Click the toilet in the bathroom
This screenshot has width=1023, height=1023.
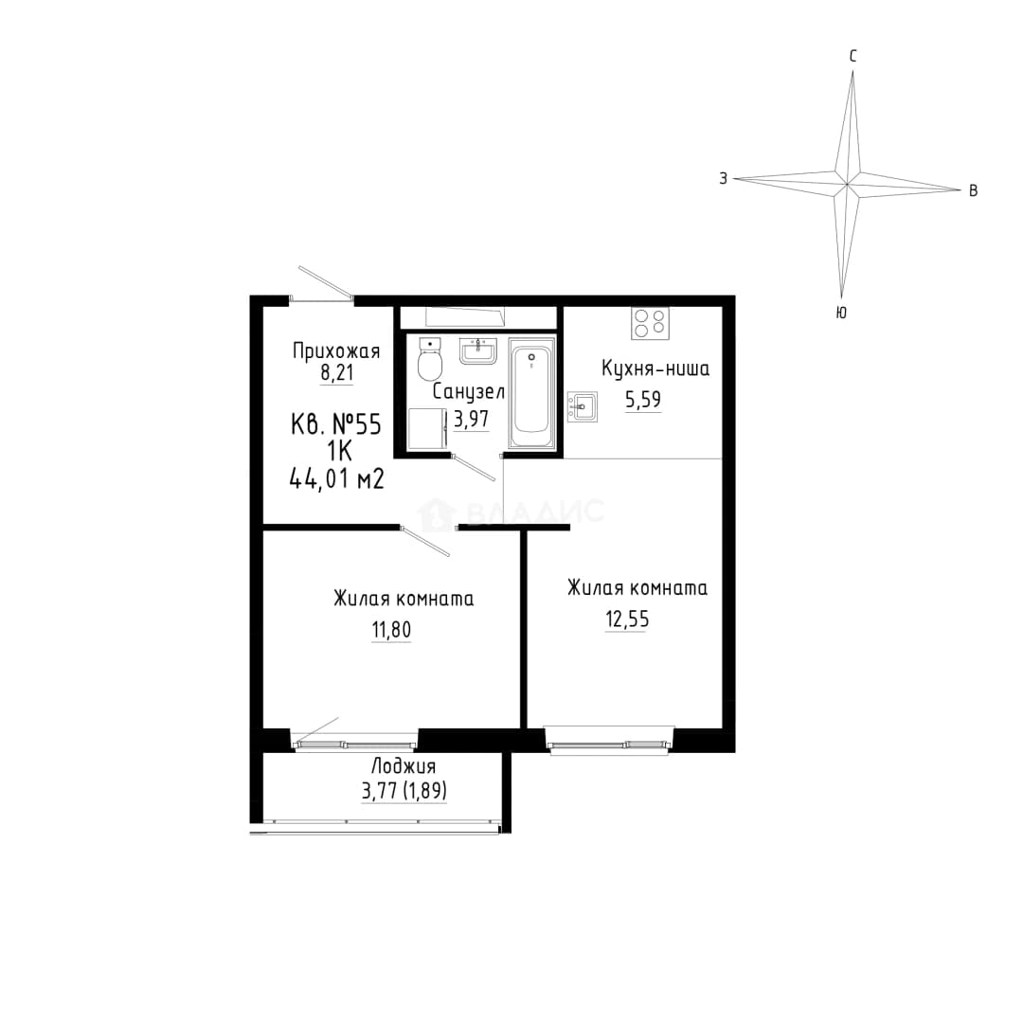(x=429, y=360)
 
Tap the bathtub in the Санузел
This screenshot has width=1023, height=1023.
(x=531, y=393)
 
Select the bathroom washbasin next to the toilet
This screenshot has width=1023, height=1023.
(x=478, y=351)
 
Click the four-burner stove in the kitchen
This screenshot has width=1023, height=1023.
(x=650, y=323)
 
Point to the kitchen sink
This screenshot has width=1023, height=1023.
(x=582, y=406)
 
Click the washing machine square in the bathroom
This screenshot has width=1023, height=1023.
(x=427, y=429)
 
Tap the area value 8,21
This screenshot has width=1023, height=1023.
(x=336, y=374)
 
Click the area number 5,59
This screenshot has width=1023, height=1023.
(x=643, y=400)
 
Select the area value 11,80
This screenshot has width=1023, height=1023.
(x=391, y=630)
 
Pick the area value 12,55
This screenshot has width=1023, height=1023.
(x=627, y=619)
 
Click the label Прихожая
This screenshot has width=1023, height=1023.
(x=336, y=351)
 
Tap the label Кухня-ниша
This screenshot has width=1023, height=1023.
(x=655, y=369)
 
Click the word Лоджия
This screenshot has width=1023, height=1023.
(x=404, y=766)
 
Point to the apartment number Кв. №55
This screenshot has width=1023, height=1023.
(x=335, y=425)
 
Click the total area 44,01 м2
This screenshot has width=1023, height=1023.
(x=336, y=479)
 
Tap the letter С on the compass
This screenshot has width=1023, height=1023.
(x=852, y=56)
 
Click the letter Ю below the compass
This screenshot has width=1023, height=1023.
(x=842, y=313)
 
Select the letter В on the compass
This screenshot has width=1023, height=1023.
(x=973, y=190)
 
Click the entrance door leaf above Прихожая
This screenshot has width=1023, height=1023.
(x=326, y=282)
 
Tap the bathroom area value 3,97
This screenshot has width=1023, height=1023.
(x=471, y=419)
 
